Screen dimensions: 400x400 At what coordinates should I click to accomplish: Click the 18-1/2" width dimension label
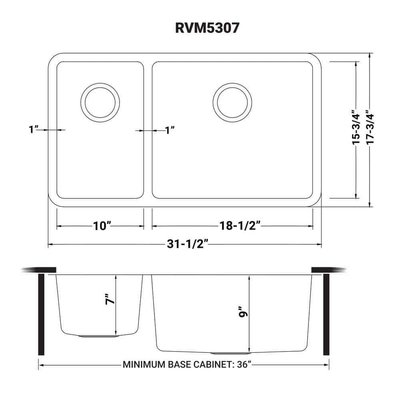click(x=240, y=226)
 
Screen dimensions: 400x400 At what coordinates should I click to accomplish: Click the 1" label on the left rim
click(x=34, y=130)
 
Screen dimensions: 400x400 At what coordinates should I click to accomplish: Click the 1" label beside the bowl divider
click(x=170, y=130)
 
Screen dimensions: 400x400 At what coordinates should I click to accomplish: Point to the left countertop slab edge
click(x=40, y=270)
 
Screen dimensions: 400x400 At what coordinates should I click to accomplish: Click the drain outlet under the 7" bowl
click(x=99, y=336)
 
